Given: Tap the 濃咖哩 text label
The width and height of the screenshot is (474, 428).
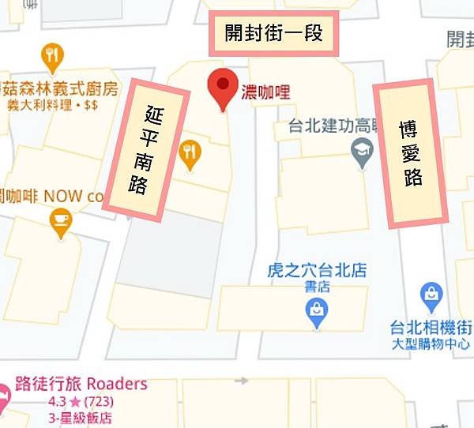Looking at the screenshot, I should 266,92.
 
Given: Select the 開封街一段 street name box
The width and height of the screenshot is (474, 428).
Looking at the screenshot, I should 273,34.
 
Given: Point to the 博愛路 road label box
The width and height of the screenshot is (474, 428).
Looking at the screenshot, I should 410,153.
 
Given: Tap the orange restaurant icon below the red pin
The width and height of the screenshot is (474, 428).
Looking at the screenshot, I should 189,153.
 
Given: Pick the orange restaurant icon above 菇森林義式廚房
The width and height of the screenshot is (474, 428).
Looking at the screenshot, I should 52,56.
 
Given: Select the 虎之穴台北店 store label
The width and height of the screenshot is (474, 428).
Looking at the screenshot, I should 317,271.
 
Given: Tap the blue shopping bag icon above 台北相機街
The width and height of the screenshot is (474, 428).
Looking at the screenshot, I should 431,296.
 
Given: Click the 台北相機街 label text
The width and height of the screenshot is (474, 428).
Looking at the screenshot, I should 431,328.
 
